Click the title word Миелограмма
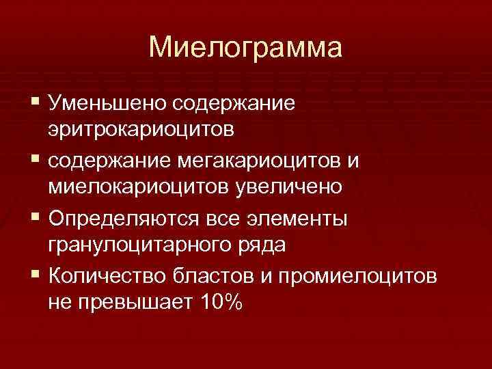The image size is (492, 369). pos(245,47)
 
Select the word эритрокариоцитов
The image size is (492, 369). pos(141,129)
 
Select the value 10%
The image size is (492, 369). pos(217,301)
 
